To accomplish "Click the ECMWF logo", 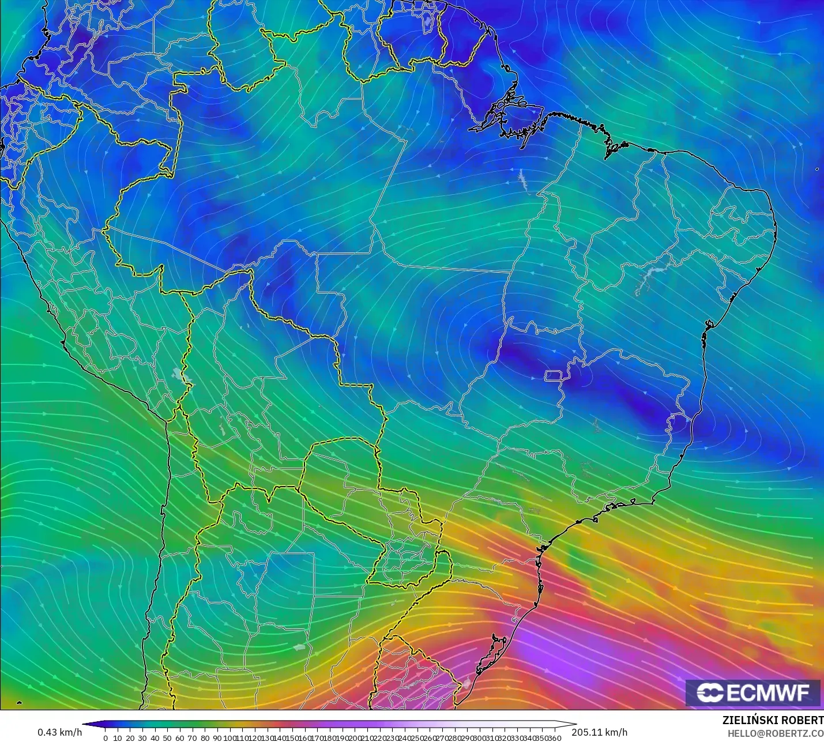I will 752,692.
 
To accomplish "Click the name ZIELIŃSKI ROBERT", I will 773,721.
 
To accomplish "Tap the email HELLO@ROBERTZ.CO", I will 775,733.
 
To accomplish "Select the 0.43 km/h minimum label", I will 59,732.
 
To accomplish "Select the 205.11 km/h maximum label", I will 600,732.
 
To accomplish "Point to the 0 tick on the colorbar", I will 106,737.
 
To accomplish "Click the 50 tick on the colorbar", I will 167,737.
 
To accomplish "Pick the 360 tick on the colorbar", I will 555,737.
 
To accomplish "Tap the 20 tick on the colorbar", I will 130,737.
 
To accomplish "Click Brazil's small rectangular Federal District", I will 554,376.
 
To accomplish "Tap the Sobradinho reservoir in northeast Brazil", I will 649,280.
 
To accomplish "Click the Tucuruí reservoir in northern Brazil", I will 523,180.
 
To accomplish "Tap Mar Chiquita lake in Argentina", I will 299,647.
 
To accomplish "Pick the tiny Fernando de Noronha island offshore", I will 818,169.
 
